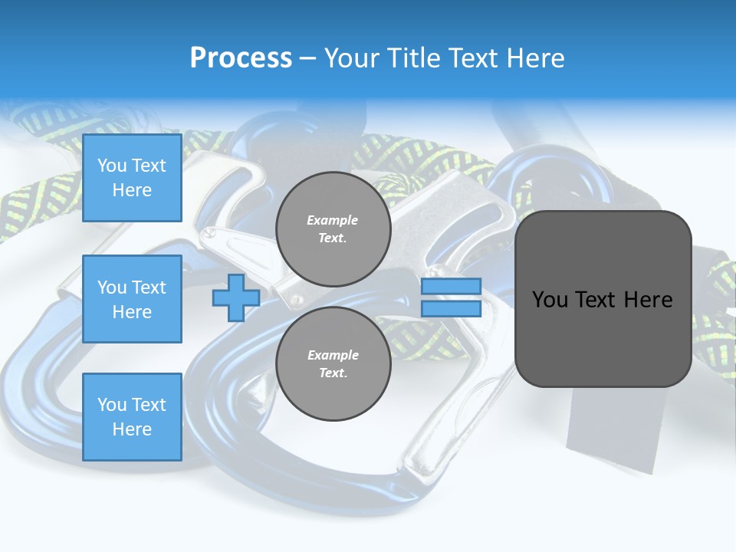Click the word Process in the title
(241, 58)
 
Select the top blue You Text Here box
(132, 178)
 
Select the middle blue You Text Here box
(132, 299)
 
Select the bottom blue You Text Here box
(132, 417)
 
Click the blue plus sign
(236, 298)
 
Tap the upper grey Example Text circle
(333, 228)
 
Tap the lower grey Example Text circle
(333, 363)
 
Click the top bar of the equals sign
(451, 287)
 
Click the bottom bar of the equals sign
(451, 309)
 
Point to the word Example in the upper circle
(333, 220)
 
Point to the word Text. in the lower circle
(333, 373)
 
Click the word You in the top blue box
(112, 166)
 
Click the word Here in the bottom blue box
(132, 429)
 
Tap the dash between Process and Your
(308, 58)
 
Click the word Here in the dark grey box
(649, 300)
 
